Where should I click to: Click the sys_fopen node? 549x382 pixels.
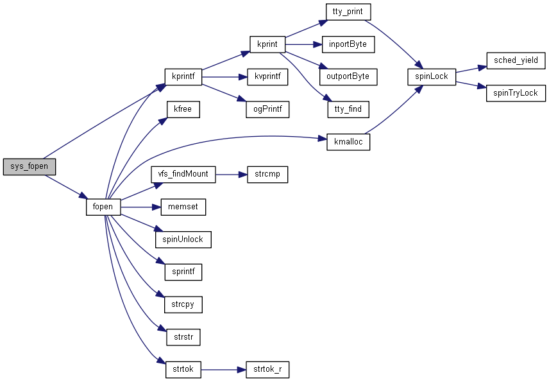click(30, 166)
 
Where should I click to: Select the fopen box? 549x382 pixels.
click(103, 207)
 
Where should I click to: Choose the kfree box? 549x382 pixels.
click(183, 109)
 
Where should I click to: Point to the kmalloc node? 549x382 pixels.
click(348, 142)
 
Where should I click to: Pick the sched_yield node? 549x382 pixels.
click(516, 61)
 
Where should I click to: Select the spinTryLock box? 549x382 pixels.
click(516, 93)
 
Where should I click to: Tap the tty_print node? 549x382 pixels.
click(348, 12)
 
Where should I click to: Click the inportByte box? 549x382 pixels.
click(348, 44)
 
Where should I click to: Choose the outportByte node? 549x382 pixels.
click(348, 76)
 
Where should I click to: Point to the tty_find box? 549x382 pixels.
click(348, 109)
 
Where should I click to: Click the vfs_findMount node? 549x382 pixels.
click(183, 174)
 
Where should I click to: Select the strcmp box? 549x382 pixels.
click(267, 174)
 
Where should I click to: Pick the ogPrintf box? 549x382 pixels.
click(267, 109)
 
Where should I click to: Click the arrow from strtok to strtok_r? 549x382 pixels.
click(224, 369)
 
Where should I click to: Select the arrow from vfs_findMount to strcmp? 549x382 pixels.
click(232, 174)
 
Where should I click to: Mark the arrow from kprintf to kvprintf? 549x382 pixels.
click(224, 77)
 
